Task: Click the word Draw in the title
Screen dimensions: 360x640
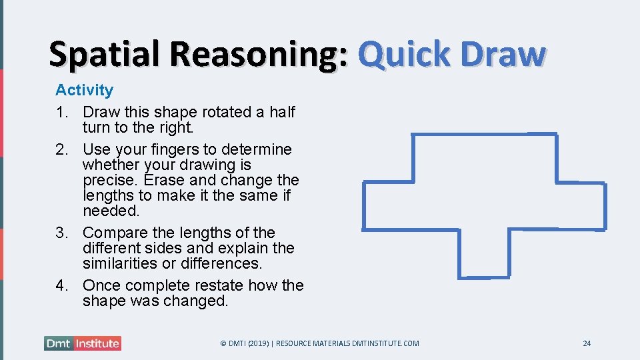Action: coord(507,55)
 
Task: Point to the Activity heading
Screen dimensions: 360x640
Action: coord(84,90)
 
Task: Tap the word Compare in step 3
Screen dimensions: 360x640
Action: coord(111,233)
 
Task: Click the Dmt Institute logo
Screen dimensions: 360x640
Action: coord(83,343)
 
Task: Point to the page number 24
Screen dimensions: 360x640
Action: coord(587,343)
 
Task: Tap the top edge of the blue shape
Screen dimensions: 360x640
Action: coord(485,135)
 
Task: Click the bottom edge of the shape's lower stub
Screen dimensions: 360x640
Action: coord(486,276)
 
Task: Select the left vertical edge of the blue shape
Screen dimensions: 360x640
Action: coord(364,206)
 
